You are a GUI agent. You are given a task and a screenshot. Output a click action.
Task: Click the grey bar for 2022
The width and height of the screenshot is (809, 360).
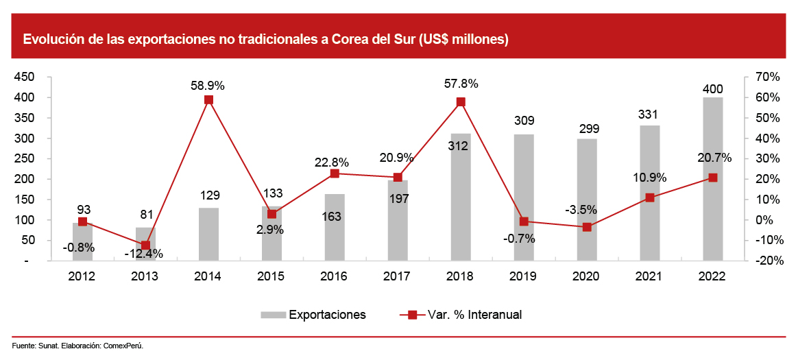pos(713,180)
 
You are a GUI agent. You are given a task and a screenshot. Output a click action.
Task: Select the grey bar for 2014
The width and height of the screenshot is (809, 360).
pos(208,235)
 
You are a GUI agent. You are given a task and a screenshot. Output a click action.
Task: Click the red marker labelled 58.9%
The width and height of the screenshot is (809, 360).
pos(209,99)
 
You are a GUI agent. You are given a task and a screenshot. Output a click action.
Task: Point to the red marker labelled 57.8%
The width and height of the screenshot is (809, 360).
pos(461,102)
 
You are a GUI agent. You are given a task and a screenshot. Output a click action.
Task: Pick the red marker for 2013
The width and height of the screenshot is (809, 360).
pos(145,245)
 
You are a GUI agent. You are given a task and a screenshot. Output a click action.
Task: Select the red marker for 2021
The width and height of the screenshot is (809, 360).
pos(650,197)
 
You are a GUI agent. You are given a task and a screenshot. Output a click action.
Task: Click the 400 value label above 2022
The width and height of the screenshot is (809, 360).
pos(713,89)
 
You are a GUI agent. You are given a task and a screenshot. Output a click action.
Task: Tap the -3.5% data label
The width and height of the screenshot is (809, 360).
pos(587,210)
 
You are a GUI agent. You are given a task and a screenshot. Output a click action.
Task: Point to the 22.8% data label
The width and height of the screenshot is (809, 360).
pos(335,163)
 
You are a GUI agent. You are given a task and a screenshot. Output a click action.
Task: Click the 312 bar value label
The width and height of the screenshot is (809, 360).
pos(461,145)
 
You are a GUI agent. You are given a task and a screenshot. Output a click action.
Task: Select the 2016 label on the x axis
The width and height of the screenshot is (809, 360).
pos(335,276)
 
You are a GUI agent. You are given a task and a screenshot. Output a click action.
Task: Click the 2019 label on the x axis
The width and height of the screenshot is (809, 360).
pos(524,276)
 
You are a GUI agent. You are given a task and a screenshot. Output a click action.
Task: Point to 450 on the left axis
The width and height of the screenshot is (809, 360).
pos(25,77)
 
